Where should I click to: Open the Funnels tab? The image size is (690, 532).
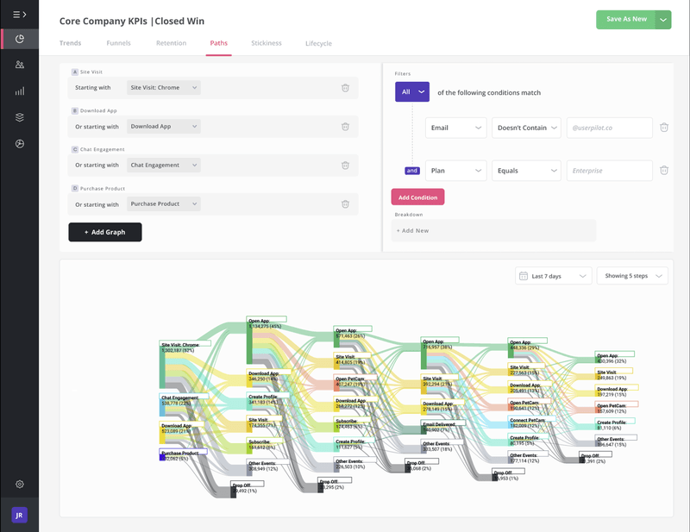pos(119,43)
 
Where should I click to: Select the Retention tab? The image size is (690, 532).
pos(171,43)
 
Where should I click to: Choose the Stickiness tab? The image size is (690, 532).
pos(266,43)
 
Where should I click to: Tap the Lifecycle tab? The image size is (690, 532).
pos(318,43)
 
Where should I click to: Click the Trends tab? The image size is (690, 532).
pos(72,43)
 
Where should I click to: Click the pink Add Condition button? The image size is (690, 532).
pos(417,197)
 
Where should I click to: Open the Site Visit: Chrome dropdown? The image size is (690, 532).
pos(164,87)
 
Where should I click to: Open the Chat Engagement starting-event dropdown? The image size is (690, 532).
pos(164,165)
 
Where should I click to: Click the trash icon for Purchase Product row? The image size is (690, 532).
pos(345,204)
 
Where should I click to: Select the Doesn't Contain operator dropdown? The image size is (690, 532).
pos(526,128)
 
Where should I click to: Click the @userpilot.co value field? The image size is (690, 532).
pos(609,128)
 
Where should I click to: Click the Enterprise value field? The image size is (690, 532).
pos(609,171)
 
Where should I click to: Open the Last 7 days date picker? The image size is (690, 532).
pos(553,276)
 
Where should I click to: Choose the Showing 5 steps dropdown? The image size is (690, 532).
pos(631,276)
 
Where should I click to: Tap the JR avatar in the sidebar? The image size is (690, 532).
pos(19,514)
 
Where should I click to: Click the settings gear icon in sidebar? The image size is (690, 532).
pos(19,484)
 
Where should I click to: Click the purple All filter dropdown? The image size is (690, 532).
pos(412,91)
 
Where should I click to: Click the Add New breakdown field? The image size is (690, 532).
pos(492,231)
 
